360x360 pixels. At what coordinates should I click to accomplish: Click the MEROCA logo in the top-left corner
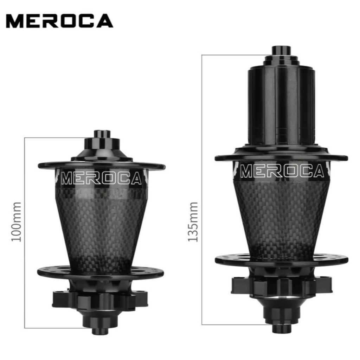coord(59,21)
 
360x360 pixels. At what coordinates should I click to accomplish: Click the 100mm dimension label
coord(16,222)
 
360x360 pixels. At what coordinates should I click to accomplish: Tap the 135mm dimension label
coord(193,222)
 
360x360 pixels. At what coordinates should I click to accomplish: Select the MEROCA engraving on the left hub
coord(101,178)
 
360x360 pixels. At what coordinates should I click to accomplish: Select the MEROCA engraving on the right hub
coord(282,171)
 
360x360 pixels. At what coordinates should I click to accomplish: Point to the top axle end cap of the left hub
coord(102,134)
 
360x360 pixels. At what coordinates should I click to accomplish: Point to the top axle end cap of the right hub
coord(282,51)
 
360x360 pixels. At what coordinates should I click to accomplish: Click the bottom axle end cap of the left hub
coord(100,331)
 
